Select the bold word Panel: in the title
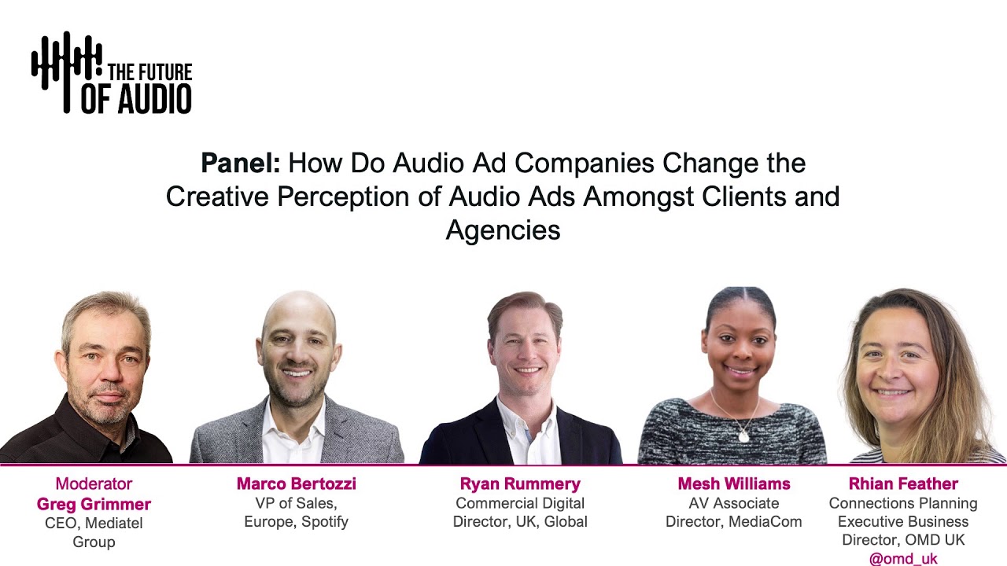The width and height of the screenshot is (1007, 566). pos(240,164)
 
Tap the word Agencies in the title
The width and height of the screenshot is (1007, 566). pos(503,230)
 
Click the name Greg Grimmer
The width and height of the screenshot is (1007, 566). pos(94,504)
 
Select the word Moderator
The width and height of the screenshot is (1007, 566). pos(94,484)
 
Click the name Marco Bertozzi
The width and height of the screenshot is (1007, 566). pos(297,484)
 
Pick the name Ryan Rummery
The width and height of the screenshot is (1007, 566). pos(520,484)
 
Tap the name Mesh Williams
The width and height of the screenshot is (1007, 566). pos(734,484)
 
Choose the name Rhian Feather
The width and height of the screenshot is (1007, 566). pos(903,484)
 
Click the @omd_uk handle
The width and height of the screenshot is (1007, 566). pos(903,559)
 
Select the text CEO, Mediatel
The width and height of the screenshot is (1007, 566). pos(94,523)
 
